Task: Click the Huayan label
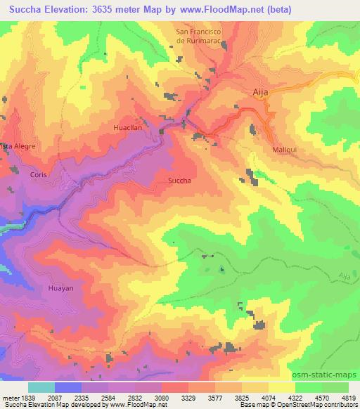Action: tap(41, 287)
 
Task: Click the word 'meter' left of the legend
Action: tap(8, 398)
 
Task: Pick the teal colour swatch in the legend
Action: tap(41, 387)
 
